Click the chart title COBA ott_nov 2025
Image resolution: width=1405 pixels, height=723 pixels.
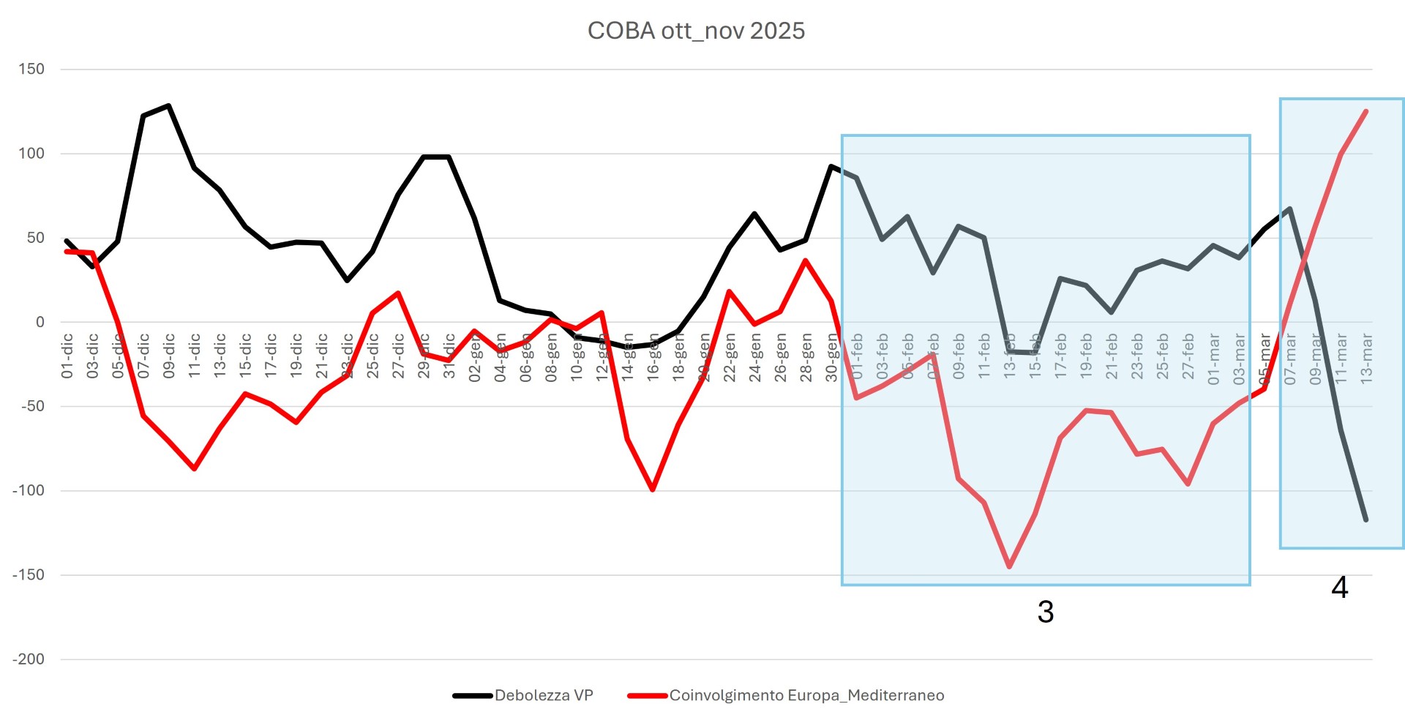696,31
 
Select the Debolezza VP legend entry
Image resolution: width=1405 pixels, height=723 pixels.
543,695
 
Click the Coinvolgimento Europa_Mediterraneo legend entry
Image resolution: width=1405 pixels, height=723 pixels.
806,695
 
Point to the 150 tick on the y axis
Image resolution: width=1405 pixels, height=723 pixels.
31,70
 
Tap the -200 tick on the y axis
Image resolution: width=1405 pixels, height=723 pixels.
29,659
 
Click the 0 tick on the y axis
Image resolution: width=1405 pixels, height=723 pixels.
40,322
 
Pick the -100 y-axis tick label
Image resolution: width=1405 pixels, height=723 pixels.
29,491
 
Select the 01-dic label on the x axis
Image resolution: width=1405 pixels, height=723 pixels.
67,356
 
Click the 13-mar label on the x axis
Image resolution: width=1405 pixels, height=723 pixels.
1365,359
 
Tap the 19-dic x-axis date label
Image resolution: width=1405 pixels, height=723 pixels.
296,356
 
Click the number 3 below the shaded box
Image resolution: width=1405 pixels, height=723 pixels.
1046,612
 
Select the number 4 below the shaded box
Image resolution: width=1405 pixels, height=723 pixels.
1339,587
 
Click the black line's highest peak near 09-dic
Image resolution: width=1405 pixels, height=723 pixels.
168,105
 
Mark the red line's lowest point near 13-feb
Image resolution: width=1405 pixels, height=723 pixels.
1010,566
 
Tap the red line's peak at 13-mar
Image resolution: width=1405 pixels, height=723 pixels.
1365,111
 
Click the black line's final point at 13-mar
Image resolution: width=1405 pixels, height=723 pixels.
1365,520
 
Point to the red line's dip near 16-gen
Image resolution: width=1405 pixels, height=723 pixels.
652,490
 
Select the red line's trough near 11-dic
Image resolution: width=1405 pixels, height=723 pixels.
195,468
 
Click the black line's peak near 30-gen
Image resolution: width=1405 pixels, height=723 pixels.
831,166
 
